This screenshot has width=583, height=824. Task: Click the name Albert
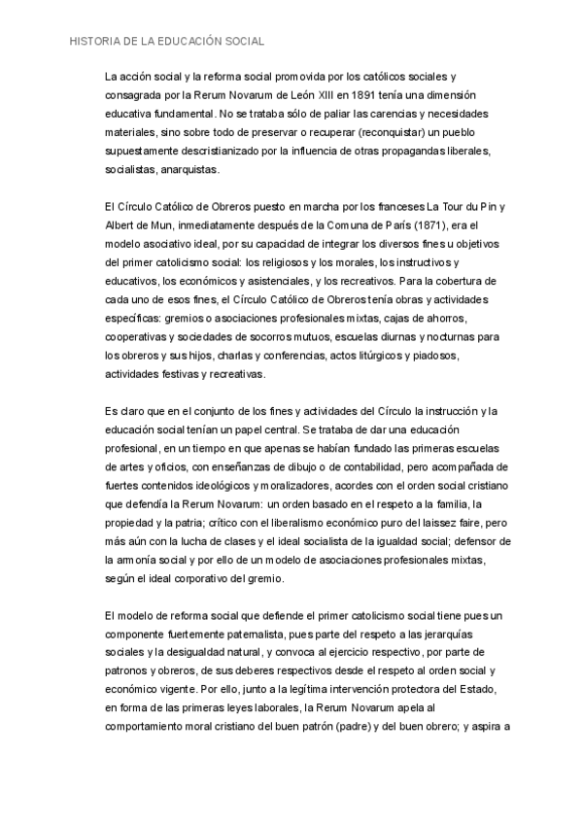[121, 224]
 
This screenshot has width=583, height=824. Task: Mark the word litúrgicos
[376, 355]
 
